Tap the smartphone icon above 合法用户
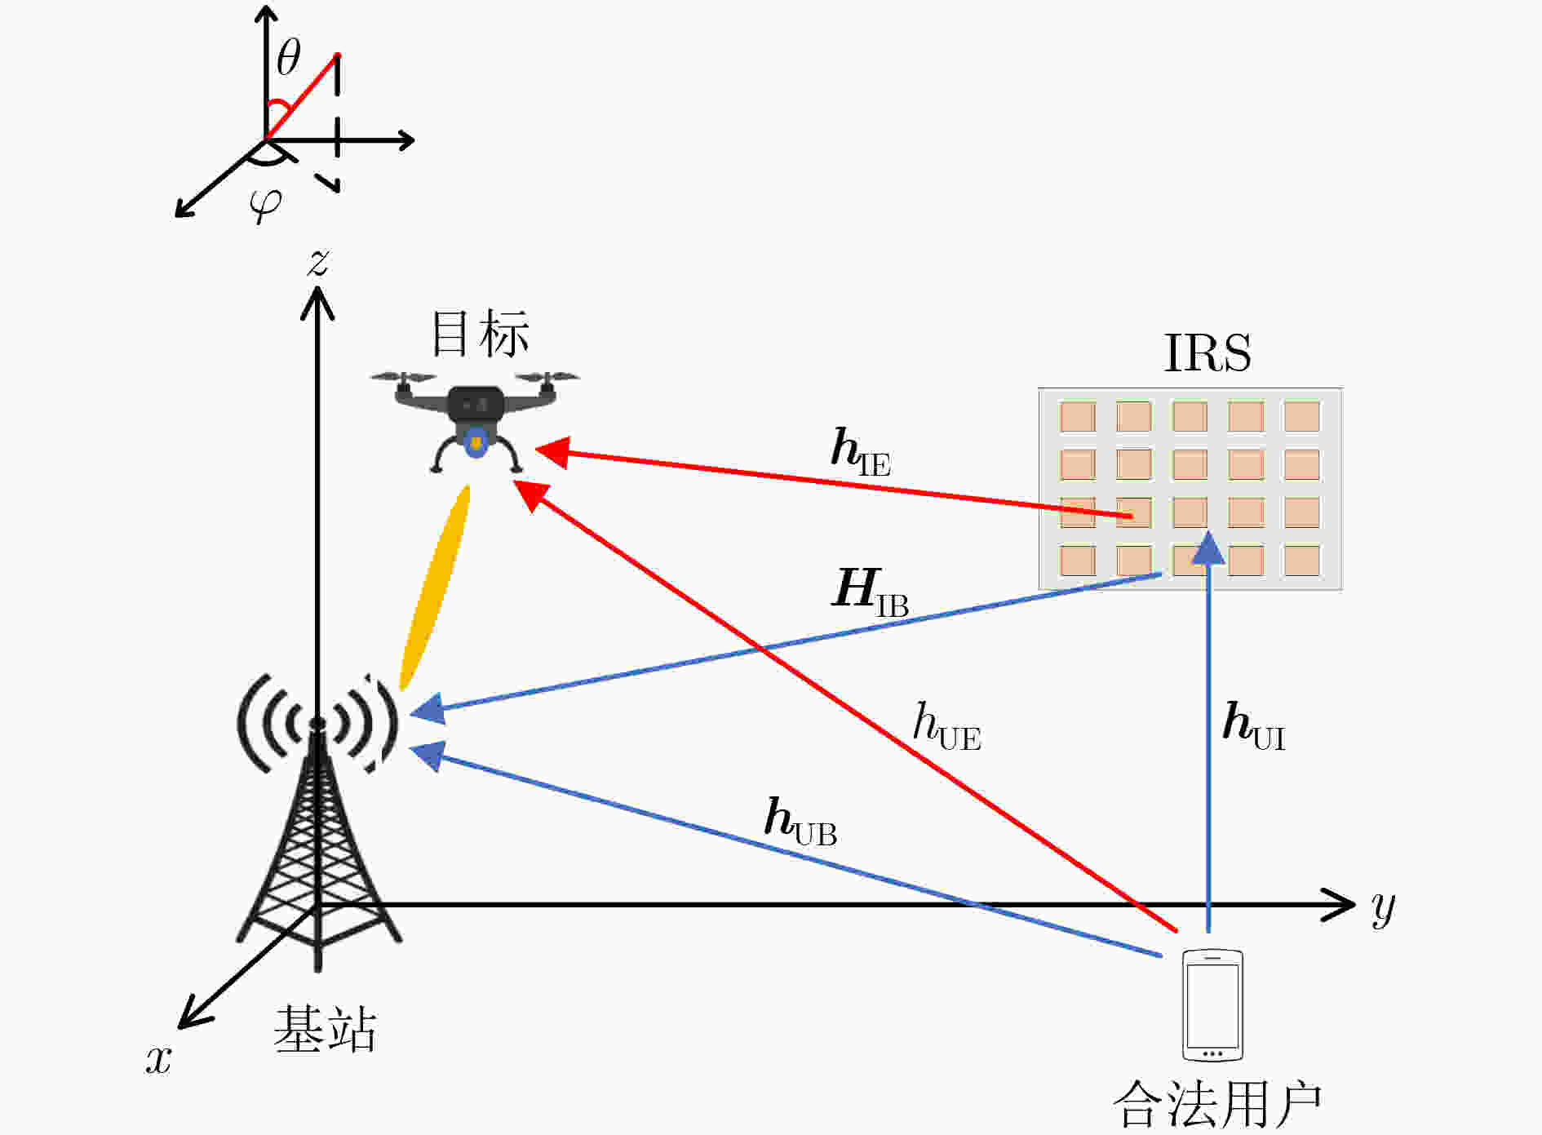point(1212,1004)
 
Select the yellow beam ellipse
point(435,587)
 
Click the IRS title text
point(1207,353)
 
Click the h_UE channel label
point(946,727)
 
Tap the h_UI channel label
point(1254,726)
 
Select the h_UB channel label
point(800,821)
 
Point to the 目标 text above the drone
point(480,334)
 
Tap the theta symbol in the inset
point(288,59)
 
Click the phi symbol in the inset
point(266,205)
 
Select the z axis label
point(318,262)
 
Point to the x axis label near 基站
point(158,1058)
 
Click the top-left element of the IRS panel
point(1077,417)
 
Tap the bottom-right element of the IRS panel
point(1301,561)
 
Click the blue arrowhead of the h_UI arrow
point(1208,547)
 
